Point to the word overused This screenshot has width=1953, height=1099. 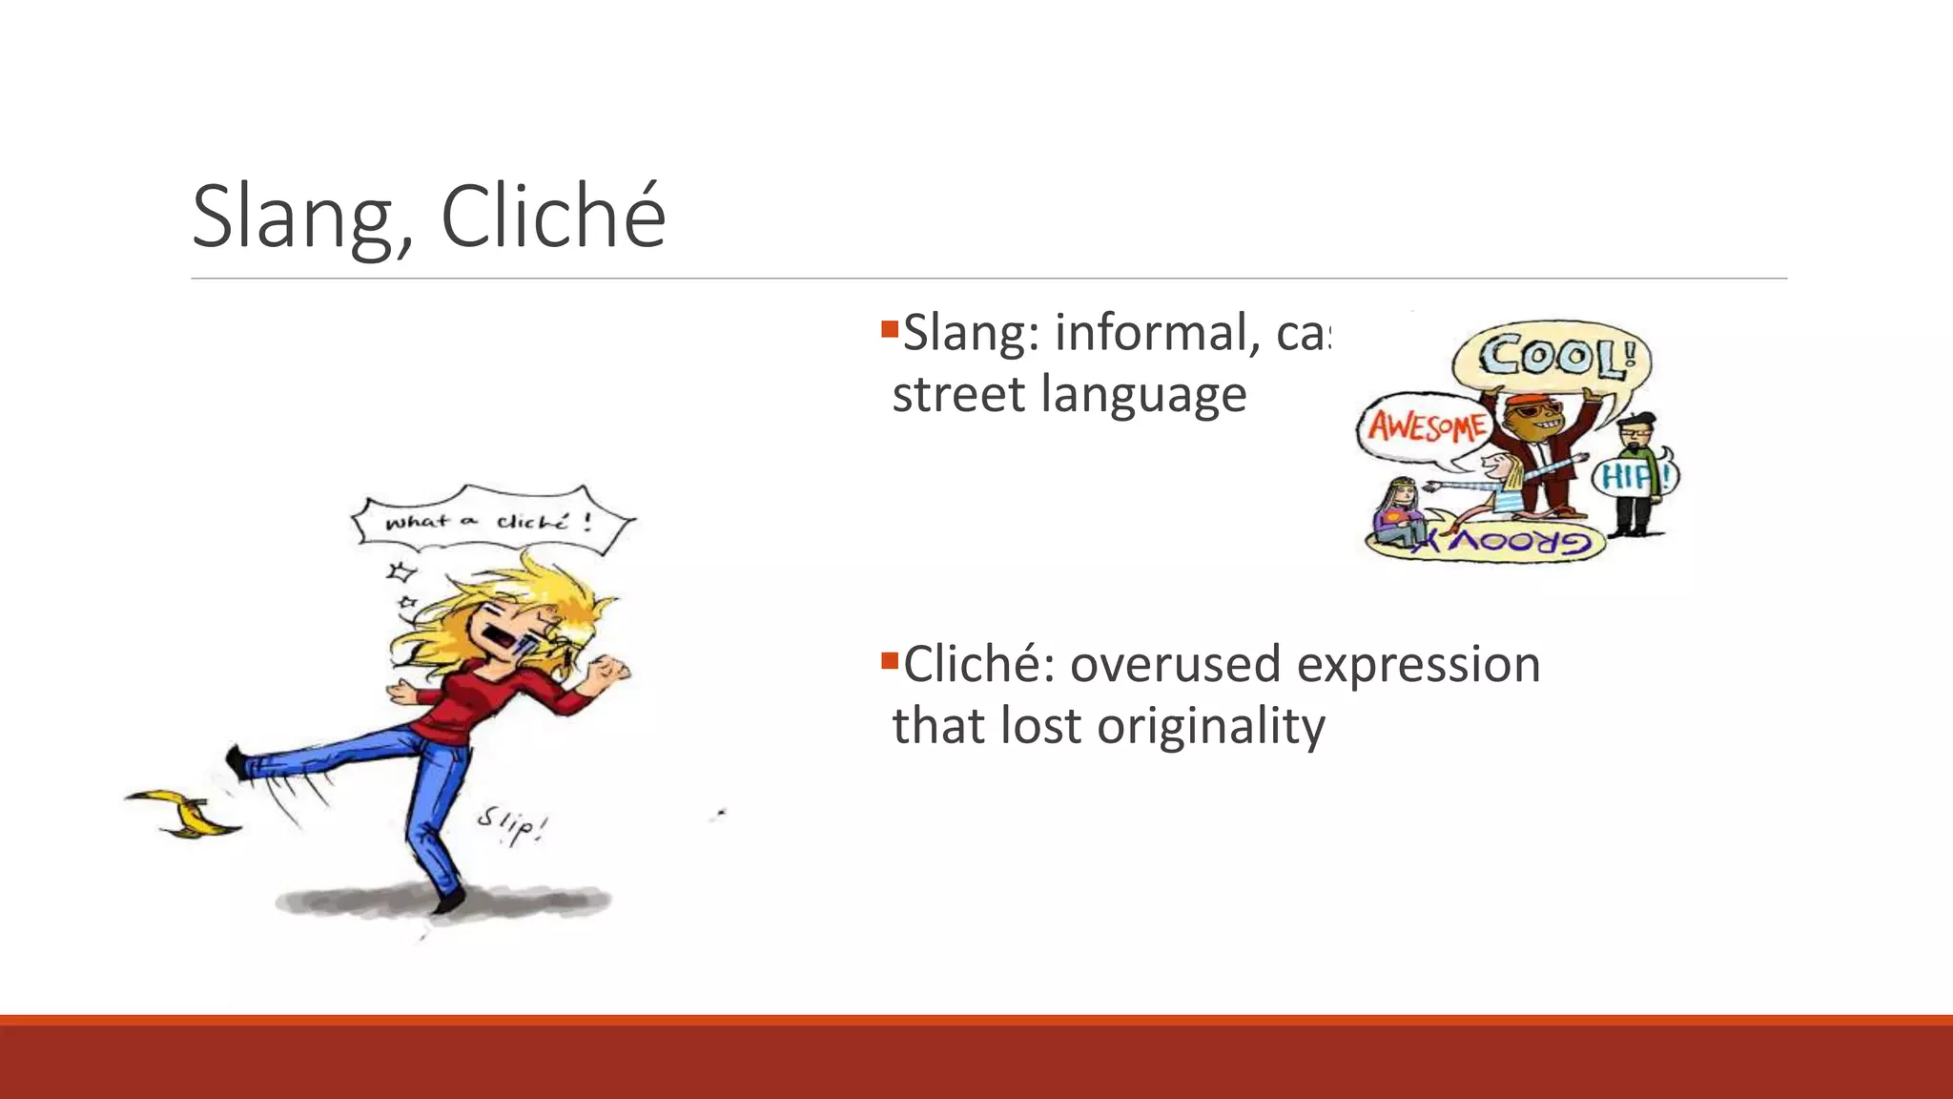pos(1175,665)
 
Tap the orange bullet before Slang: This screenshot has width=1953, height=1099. pos(890,330)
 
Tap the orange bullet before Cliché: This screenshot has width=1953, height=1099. pos(890,660)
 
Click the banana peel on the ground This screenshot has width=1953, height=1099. pos(186,813)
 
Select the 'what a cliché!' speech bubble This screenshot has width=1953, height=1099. pos(492,521)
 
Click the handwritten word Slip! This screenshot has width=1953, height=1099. pos(512,826)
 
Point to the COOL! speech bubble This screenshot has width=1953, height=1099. pos(1552,359)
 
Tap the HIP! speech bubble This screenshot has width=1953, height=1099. pos(1634,476)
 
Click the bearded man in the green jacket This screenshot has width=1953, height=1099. pos(1637,475)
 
